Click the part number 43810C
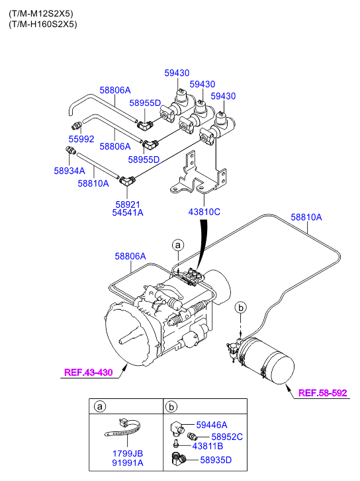204,212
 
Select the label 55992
81,139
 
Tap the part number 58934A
69,171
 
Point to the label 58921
128,204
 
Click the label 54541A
128,212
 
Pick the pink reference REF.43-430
89,372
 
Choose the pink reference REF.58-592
322,393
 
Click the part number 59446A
212,425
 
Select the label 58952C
227,437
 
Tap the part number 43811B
208,446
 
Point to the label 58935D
216,460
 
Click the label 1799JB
128,453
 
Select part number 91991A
128,462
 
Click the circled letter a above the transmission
178,245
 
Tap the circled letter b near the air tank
241,308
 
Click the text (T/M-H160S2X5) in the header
43,24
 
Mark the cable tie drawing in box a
123,429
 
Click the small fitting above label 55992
77,125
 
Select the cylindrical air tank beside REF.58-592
267,361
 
